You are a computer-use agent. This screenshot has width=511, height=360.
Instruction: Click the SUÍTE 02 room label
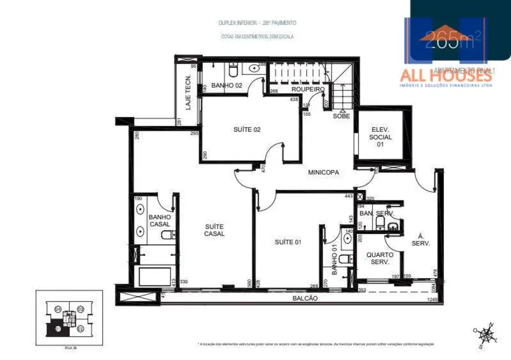tap(247, 130)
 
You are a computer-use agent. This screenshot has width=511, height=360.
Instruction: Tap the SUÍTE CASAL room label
tap(214, 230)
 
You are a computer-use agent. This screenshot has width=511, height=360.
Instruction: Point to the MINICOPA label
tap(324, 172)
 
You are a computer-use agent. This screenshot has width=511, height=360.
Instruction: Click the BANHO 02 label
tap(226, 85)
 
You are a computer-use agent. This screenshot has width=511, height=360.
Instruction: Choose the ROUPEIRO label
tap(308, 89)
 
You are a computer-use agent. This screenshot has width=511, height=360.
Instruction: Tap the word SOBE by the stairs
tap(341, 116)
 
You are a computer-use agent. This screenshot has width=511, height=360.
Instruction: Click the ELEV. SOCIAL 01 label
tap(381, 137)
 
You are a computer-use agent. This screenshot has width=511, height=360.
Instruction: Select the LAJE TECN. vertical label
tap(188, 92)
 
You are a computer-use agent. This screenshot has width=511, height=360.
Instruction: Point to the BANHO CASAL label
tap(160, 220)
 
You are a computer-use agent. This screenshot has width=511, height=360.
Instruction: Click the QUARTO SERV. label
tap(380, 259)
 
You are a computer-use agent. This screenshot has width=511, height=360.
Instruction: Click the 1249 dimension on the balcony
tap(433, 300)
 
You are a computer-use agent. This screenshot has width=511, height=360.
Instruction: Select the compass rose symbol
tap(486, 335)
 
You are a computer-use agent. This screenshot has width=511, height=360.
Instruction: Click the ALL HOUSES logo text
tap(446, 75)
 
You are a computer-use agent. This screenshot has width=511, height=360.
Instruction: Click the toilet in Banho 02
tap(233, 71)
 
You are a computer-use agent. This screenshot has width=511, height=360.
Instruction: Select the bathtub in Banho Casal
tap(155, 276)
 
